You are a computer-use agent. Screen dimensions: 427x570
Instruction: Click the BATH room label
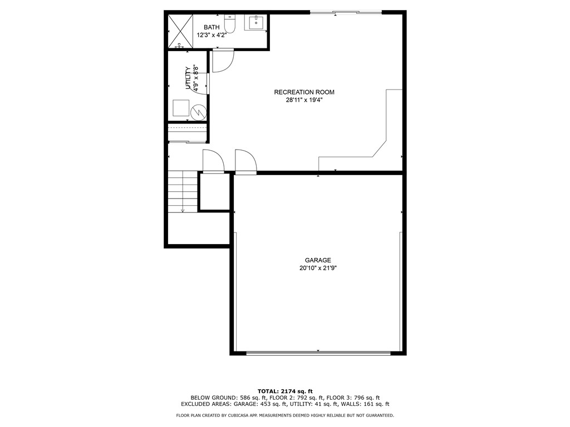[x=212, y=27]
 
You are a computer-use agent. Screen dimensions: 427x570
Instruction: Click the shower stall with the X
[x=179, y=31]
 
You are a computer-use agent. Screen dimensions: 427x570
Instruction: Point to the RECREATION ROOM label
[x=304, y=92]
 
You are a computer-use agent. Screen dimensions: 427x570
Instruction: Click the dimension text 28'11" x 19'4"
[x=304, y=101]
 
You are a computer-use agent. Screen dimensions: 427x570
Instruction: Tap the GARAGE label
[x=318, y=260]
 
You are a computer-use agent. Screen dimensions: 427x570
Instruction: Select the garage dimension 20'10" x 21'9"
[x=318, y=268]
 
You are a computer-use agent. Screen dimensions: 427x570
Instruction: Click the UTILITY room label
[x=188, y=79]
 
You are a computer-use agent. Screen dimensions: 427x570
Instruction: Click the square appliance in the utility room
[x=180, y=108]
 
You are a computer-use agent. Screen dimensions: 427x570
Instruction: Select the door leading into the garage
[x=245, y=162]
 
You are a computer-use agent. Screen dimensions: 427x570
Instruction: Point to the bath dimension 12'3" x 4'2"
[x=212, y=35]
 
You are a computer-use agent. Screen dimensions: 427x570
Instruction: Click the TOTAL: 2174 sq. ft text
[x=284, y=391]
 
